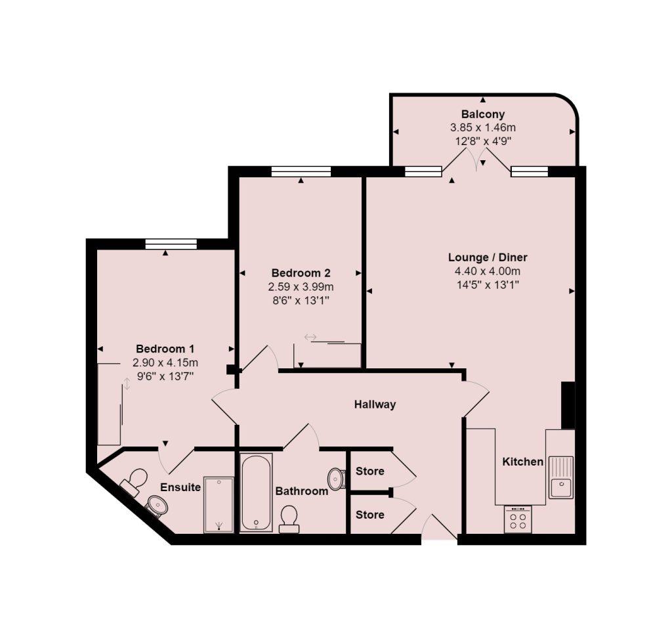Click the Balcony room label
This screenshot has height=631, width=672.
tap(483, 114)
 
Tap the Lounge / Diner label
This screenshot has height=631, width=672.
tap(488, 257)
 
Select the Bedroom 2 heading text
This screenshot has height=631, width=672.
tap(301, 272)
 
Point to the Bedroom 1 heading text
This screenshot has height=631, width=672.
tap(165, 349)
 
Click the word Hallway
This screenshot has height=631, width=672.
tap(375, 404)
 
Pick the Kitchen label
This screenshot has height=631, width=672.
tap(523, 462)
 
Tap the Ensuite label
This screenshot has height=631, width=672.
tap(180, 487)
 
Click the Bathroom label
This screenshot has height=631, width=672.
tap(302, 491)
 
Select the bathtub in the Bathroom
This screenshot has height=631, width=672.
tap(256, 492)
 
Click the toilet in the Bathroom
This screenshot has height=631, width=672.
tap(289, 519)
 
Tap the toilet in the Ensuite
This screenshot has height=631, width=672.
tap(135, 481)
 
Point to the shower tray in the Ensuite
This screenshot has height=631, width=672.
tap(219, 504)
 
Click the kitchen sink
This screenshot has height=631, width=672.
tap(562, 477)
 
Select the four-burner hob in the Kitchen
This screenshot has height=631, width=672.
tap(518, 519)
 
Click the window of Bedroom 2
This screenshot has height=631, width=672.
tap(301, 171)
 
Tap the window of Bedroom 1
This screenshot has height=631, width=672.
tap(171, 244)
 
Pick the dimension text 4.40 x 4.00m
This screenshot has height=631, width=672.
tap(488, 271)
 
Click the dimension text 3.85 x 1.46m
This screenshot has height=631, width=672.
tap(483, 127)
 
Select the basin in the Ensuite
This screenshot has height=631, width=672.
tap(157, 504)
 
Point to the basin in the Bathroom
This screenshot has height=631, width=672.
tap(337, 478)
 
